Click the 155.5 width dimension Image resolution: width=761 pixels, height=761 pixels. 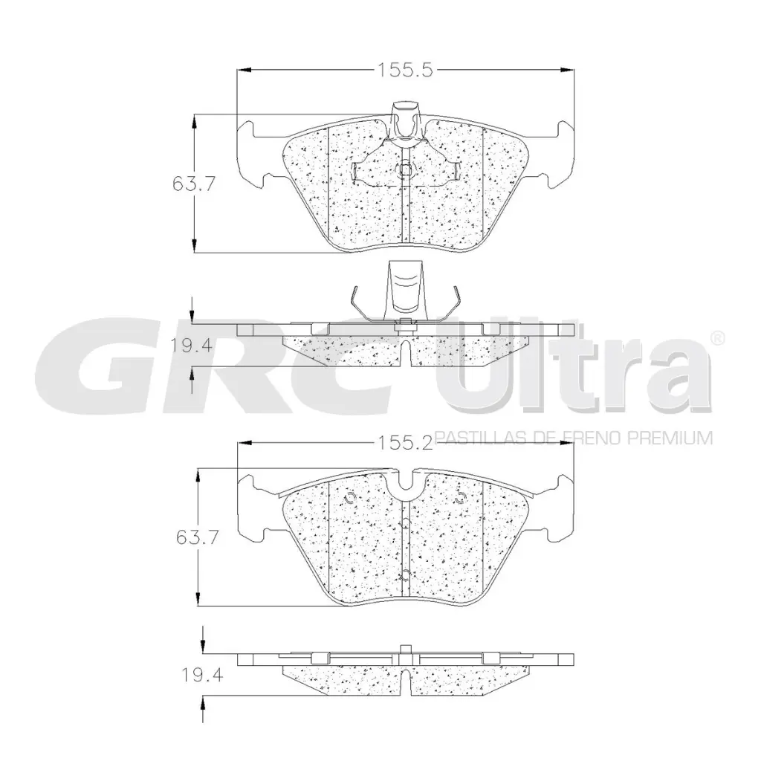(405, 71)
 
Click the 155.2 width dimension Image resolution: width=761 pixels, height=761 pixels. (405, 443)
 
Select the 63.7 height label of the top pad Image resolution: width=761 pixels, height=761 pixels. (194, 184)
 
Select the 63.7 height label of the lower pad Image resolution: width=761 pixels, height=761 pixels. (198, 537)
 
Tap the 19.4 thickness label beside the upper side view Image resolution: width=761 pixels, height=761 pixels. (191, 345)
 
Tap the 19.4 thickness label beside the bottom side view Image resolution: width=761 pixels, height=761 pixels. (202, 674)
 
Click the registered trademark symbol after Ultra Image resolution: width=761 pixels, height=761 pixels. (718, 338)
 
